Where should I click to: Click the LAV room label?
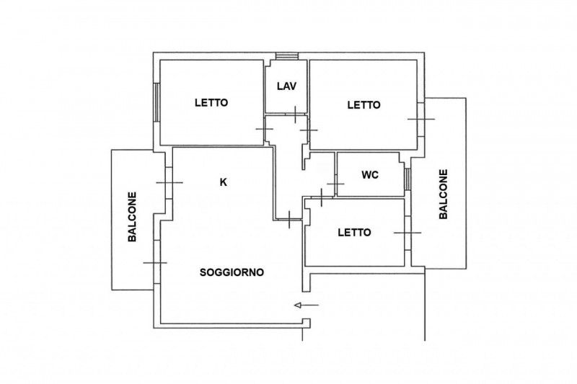286,86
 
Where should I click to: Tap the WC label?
370,175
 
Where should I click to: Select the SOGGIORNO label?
232,272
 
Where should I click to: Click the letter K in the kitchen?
223,182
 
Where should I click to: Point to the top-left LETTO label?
211,102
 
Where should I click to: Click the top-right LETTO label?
364,105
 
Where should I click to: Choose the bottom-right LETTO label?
354,233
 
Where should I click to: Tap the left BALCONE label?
132,217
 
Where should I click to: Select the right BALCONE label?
444,194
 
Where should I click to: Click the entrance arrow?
307,305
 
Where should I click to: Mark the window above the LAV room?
287,56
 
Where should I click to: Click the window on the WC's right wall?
408,179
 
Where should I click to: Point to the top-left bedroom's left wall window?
157,102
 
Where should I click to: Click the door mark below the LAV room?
296,115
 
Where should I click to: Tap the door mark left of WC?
335,184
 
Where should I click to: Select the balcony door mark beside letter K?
169,182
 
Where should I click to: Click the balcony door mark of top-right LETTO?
421,119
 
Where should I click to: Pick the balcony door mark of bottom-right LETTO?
408,233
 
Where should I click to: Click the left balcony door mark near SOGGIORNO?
155,263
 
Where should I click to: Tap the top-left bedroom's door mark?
265,129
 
